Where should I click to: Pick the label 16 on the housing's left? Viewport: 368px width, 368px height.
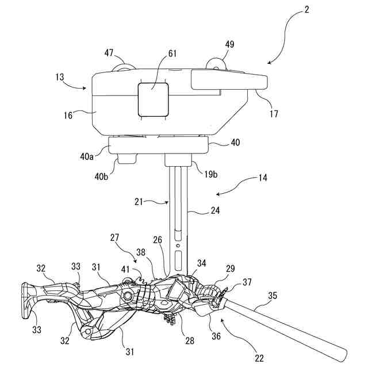point(68,115)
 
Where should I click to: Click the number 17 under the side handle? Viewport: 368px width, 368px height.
point(274,113)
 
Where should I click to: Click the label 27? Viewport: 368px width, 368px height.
point(114,237)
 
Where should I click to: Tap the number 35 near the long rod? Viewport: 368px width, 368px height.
point(273,297)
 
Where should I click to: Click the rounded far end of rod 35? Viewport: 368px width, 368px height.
point(342,351)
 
